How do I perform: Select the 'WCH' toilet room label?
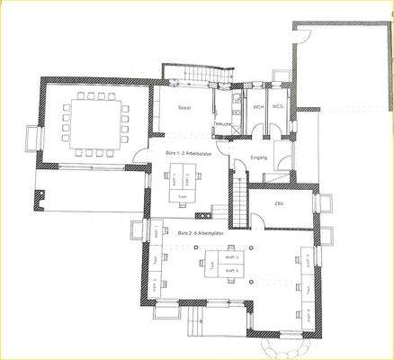click(x=257, y=108)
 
